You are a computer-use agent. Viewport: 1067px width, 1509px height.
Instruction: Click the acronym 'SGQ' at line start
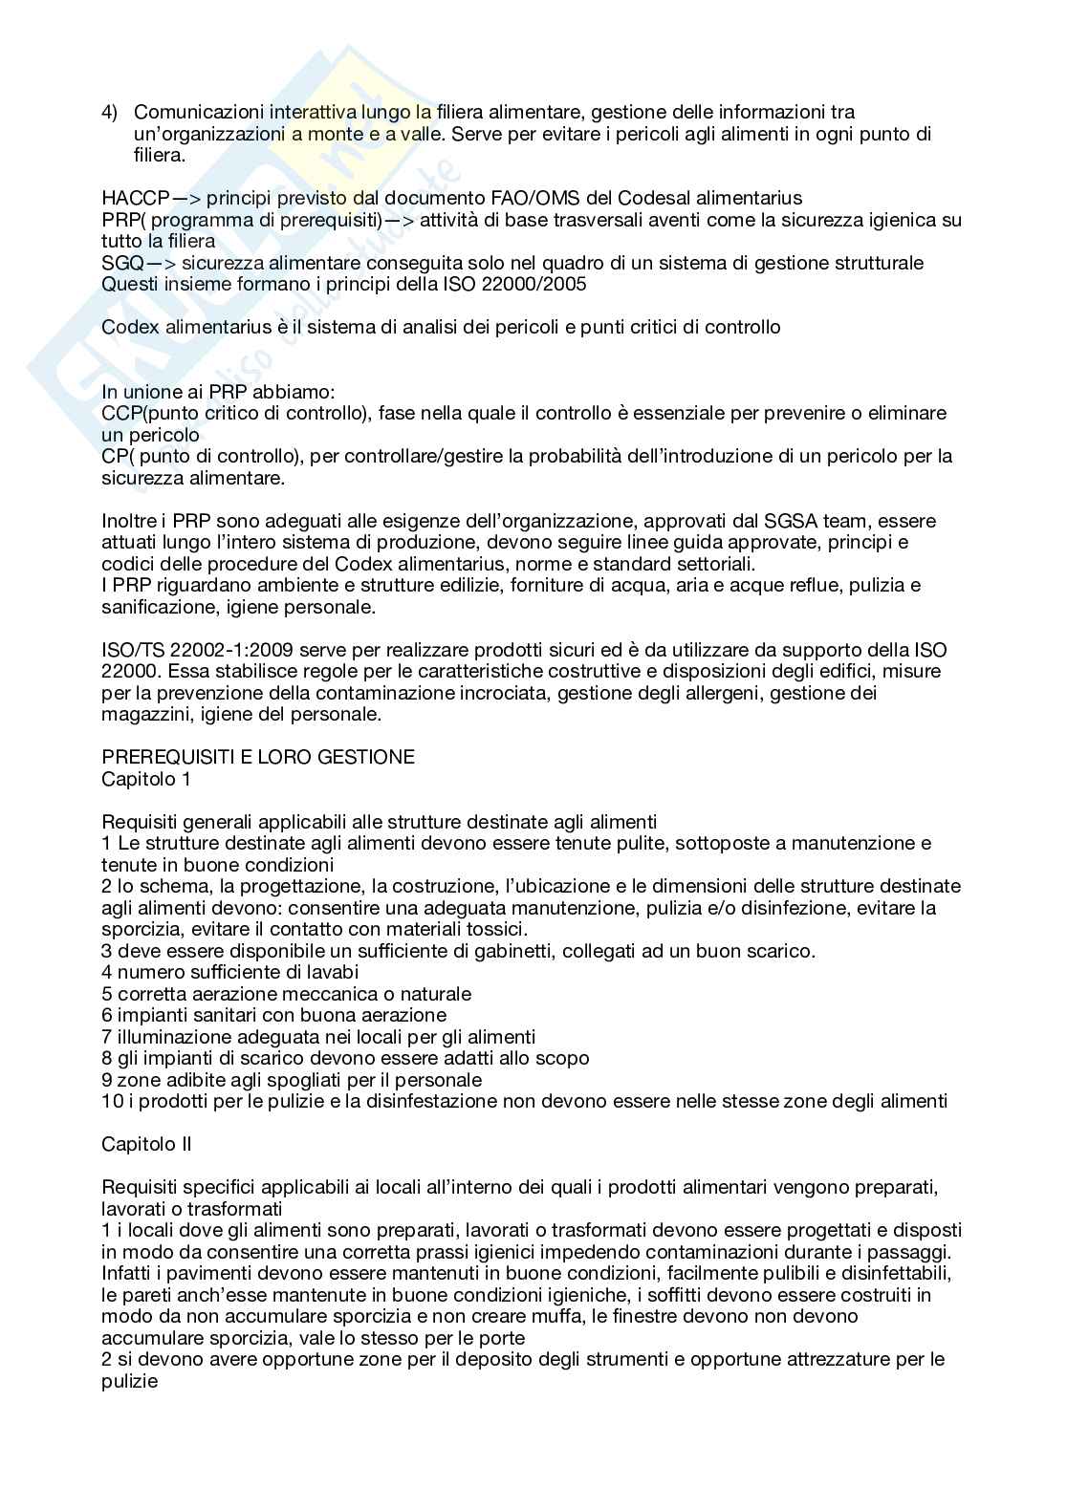120,263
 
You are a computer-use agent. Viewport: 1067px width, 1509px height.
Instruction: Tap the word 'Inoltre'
129,521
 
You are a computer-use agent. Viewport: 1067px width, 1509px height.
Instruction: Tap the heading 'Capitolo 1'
145,779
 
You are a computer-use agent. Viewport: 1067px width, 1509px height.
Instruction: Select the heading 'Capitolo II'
146,1144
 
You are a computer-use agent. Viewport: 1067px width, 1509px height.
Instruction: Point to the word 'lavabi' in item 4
332,973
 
